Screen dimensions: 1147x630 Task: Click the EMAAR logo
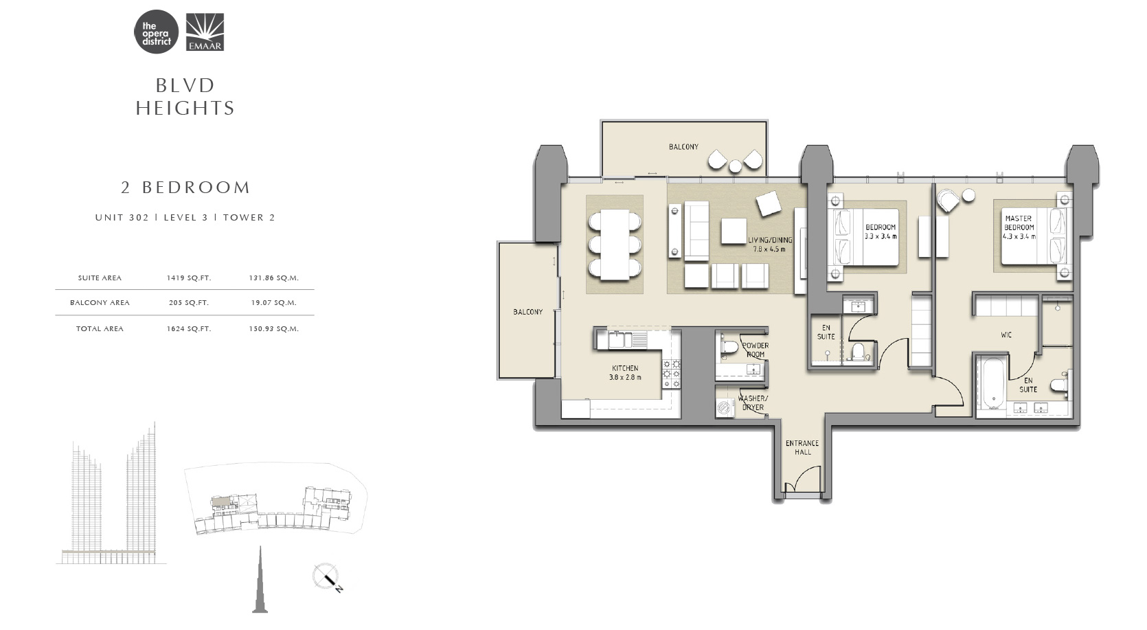(205, 32)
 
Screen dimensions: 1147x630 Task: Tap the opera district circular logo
(156, 32)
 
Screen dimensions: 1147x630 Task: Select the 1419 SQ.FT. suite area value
(188, 278)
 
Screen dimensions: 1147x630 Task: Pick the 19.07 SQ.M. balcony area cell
(273, 303)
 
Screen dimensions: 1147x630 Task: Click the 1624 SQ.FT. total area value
(188, 329)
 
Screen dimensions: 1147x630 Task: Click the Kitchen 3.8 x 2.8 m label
(625, 373)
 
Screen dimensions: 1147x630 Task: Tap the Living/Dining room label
(770, 245)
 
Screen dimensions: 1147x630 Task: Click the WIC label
(1006, 335)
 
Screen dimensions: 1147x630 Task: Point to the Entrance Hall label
(802, 448)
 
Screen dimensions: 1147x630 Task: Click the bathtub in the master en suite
(993, 384)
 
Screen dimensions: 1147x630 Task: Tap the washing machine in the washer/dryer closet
(725, 407)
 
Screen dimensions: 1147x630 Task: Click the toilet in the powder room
(728, 348)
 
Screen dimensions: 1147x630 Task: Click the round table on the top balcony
(736, 166)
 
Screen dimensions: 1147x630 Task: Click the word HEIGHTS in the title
(185, 108)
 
